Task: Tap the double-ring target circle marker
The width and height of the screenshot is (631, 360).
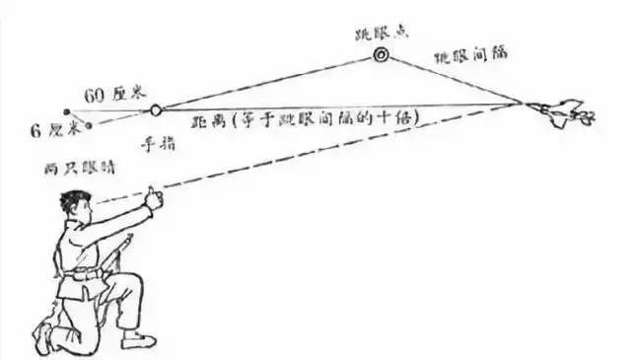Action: coord(380,56)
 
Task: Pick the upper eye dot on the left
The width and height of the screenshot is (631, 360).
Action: coord(66,110)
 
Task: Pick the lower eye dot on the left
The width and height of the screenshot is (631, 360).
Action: coord(90,126)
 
